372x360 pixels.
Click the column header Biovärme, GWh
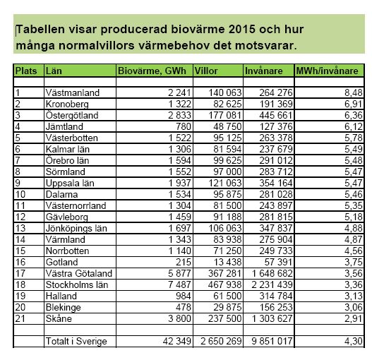[152, 71]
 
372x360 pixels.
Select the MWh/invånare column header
[327, 71]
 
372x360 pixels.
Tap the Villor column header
[206, 71]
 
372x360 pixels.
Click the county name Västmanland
[73, 92]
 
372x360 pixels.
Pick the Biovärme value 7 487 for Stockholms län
[179, 284]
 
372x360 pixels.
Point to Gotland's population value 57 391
[278, 262]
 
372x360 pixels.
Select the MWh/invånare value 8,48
[354, 92]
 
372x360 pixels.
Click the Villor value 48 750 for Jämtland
[227, 126]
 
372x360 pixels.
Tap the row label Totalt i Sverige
[76, 341]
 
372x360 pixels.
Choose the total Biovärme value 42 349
[177, 341]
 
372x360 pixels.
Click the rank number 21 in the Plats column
[20, 318]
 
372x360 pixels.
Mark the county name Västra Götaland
[79, 273]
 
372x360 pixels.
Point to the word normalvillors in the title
[96, 45]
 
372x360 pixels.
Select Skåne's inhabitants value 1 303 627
[272, 318]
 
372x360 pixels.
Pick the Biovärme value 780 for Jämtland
[184, 126]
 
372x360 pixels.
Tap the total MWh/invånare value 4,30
[354, 341]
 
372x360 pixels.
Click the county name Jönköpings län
[76, 228]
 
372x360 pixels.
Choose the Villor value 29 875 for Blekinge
[227, 307]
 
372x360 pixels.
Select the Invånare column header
[263, 71]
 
